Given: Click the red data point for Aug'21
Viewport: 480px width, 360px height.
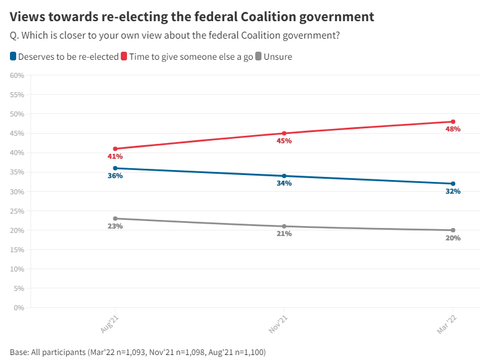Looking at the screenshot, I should coord(115,149).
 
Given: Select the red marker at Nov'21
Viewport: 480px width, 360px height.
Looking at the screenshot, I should coord(284,133).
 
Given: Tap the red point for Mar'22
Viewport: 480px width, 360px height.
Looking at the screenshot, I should coord(453,121).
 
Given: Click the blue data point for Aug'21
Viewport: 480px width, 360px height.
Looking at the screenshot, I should coord(115,168).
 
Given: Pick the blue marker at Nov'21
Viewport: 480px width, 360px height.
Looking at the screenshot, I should coord(284,176).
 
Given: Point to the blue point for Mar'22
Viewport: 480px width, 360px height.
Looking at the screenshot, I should coord(453,184).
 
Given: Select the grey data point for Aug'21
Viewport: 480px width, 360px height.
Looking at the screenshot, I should coord(115,219).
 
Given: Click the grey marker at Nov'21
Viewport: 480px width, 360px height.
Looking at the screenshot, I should coord(284,226).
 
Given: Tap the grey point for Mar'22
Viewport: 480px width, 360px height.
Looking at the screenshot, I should coord(453,230).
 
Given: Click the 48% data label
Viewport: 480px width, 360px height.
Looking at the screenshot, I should coord(453,130).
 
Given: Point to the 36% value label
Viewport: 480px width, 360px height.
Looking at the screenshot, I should coord(115,176).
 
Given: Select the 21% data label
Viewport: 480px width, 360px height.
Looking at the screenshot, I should coord(284,234).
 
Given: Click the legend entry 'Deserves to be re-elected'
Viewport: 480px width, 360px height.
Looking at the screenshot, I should coord(64,57).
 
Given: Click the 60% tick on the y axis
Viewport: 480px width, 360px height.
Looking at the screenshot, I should coord(17,75).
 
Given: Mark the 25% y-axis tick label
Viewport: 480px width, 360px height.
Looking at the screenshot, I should coord(17,211).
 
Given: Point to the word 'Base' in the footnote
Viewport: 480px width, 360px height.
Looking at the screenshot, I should coord(20,352).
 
